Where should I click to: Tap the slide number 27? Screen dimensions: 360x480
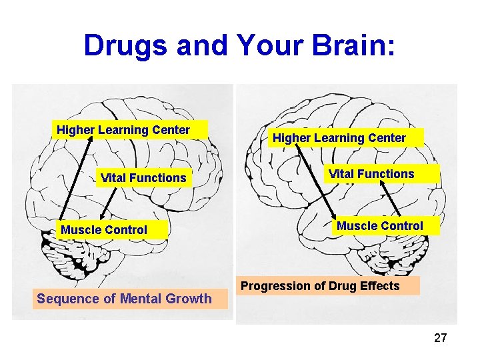click(x=440, y=338)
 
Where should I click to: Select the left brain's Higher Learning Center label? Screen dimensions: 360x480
click(x=123, y=130)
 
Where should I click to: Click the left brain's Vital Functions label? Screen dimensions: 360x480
click(x=143, y=177)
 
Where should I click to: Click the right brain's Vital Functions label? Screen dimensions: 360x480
click(x=371, y=174)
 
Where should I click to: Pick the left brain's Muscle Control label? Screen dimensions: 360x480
click(x=104, y=230)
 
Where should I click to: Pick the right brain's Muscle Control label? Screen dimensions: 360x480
click(x=379, y=226)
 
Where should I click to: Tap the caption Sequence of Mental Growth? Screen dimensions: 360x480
click(x=124, y=299)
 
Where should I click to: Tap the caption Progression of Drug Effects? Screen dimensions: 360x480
click(x=320, y=286)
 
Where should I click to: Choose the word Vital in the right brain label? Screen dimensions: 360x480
click(x=342, y=174)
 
